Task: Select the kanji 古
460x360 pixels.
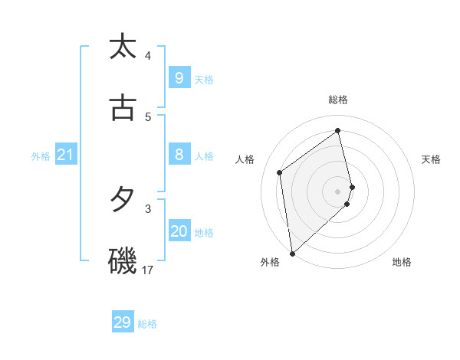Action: [123, 108]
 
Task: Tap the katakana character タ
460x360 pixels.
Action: [123, 200]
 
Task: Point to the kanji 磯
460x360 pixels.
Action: [123, 261]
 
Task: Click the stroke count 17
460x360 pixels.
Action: [148, 270]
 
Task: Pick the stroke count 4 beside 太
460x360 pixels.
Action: [148, 55]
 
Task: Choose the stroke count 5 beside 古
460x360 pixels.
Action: [148, 116]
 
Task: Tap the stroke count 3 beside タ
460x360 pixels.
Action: [148, 208]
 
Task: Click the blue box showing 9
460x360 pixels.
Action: [179, 77]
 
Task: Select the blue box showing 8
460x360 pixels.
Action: [179, 155]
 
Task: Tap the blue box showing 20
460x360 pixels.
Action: [179, 231]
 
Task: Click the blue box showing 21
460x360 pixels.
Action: [65, 155]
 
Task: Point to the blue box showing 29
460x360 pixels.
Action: [123, 322]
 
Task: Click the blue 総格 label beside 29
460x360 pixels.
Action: [147, 324]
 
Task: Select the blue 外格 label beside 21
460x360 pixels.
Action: [41, 156]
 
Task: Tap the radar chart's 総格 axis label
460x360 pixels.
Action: [338, 100]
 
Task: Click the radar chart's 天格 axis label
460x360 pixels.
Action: [432, 159]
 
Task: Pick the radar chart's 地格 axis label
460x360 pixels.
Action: [402, 262]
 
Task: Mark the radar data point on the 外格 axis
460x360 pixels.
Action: [292, 253]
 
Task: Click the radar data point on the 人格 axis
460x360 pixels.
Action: [280, 172]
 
